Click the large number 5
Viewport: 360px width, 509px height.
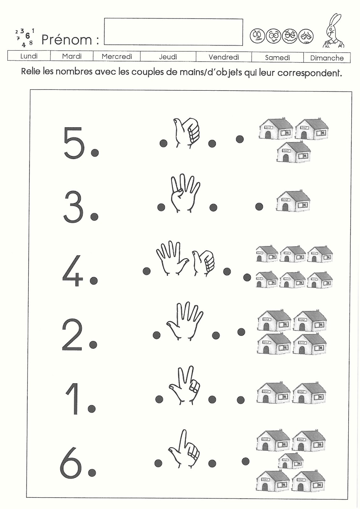(x=74, y=143)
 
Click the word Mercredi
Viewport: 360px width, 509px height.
(x=117, y=57)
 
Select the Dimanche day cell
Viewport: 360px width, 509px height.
(x=327, y=58)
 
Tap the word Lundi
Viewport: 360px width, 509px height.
(x=29, y=56)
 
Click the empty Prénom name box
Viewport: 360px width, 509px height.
(x=173, y=32)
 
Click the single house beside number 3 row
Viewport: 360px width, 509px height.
(x=293, y=201)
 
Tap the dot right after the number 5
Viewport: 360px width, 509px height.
(x=95, y=153)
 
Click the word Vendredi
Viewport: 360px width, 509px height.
(x=224, y=57)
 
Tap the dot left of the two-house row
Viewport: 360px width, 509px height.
(x=241, y=400)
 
